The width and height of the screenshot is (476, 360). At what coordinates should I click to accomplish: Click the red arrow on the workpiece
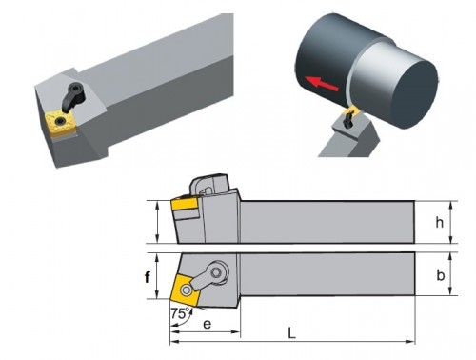320,83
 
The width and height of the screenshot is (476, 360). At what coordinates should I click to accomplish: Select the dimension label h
439,223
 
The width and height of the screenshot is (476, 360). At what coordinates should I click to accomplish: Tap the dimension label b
440,275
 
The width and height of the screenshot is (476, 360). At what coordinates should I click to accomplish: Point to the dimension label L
291,333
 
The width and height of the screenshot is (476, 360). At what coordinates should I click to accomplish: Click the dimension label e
207,324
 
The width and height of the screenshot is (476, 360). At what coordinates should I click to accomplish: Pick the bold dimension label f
147,277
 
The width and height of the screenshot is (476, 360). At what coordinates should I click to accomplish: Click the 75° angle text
181,313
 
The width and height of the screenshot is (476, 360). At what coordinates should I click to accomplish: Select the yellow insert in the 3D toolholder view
60,122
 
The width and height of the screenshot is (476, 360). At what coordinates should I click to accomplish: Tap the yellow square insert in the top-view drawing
184,289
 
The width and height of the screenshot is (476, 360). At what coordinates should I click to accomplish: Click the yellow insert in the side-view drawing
185,204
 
